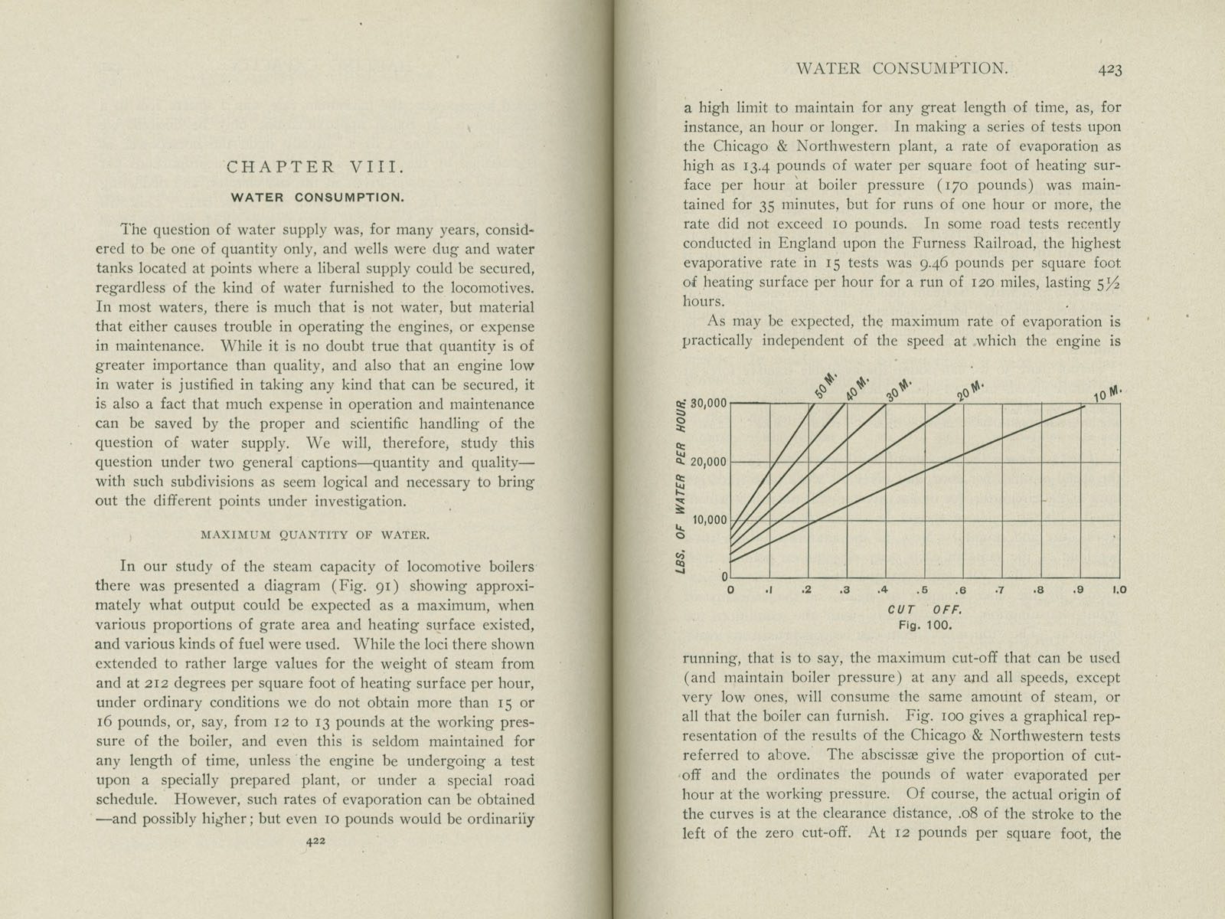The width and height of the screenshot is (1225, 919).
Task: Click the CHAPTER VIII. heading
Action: click(314, 167)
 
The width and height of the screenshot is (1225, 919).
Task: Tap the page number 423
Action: click(1109, 70)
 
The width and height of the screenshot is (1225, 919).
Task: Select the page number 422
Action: click(315, 840)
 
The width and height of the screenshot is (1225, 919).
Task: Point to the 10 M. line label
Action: click(1107, 394)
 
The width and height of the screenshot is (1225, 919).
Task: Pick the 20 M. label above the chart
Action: click(969, 391)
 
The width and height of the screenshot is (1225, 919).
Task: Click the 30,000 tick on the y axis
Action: click(707, 404)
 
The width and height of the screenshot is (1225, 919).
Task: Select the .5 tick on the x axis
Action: click(923, 590)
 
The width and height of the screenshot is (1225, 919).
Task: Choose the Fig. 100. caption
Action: click(926, 625)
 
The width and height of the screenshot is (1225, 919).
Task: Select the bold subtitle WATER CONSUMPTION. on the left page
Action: click(318, 198)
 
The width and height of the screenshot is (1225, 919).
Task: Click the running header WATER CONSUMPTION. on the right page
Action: click(902, 68)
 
